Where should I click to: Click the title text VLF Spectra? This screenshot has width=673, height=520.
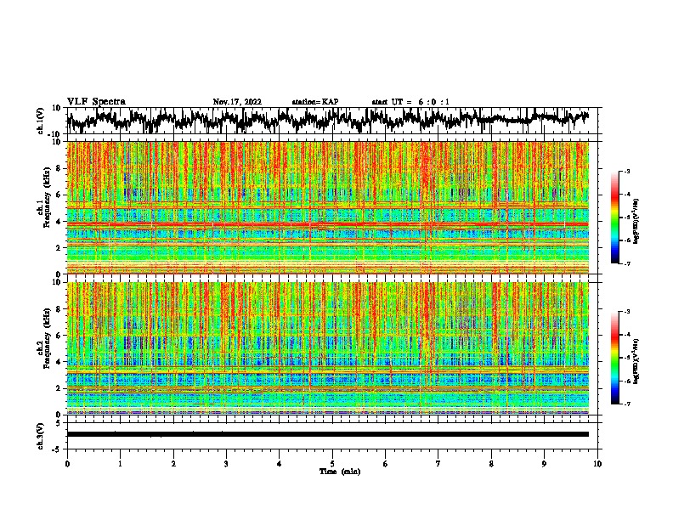point(96,101)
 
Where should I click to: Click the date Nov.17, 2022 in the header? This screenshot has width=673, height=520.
point(237,102)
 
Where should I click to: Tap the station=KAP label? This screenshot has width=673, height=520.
point(314,102)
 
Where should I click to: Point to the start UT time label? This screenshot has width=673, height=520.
point(410,102)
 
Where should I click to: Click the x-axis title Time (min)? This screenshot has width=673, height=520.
point(339,472)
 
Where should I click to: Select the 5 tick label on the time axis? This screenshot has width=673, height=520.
point(332,464)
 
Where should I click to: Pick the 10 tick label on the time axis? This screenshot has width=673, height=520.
point(597,464)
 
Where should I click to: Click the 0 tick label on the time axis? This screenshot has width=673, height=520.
point(67,464)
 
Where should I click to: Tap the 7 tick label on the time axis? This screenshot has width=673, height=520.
point(438,464)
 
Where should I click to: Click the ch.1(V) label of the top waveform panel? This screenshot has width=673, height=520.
point(41,121)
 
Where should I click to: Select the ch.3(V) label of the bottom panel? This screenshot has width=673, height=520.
point(41,433)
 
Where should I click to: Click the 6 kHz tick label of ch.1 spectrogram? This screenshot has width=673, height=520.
point(58,195)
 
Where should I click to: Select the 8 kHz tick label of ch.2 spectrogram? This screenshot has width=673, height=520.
point(58,308)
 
